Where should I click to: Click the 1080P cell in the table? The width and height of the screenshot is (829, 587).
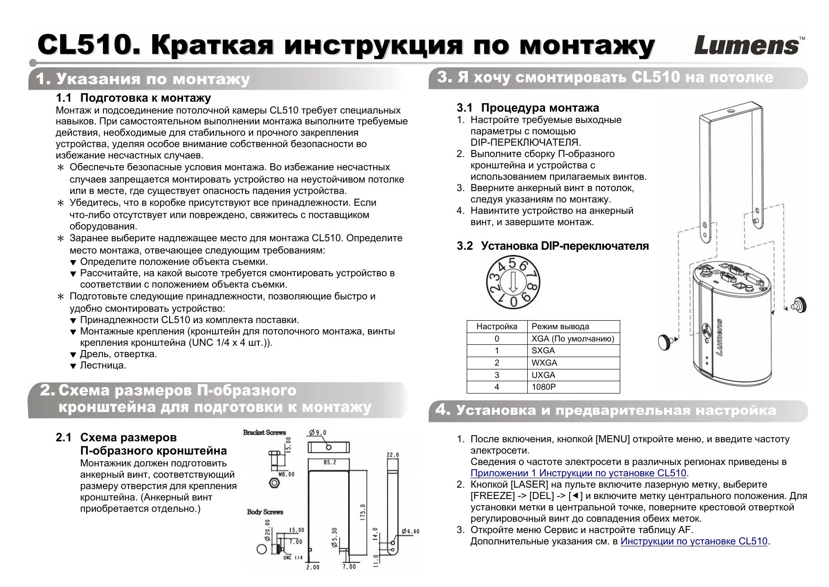pos(544,387)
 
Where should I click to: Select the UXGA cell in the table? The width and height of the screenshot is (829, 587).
pos(543,375)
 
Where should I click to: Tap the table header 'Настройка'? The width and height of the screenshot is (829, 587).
pos(496,326)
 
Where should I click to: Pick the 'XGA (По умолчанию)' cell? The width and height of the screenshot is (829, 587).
pos(573,339)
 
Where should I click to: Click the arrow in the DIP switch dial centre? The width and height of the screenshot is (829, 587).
pos(513,283)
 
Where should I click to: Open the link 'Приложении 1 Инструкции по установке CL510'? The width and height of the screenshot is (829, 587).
pos(578,473)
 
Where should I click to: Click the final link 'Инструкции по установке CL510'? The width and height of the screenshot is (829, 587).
pos(693,541)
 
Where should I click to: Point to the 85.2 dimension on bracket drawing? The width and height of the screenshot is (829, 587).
pos(330,462)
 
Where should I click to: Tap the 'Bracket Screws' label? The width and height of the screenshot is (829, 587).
pos(265,432)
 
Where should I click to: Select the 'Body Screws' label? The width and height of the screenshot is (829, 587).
pos(265,512)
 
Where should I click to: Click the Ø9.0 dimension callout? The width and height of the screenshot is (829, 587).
pos(317,432)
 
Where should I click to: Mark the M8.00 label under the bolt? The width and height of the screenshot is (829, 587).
pos(286,474)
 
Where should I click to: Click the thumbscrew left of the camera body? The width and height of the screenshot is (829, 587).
pos(665,342)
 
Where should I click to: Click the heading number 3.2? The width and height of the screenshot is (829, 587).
pos(464,246)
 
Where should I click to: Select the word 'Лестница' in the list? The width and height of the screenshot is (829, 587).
pos(103,365)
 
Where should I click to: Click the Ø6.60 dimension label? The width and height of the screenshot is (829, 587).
pos(410,531)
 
